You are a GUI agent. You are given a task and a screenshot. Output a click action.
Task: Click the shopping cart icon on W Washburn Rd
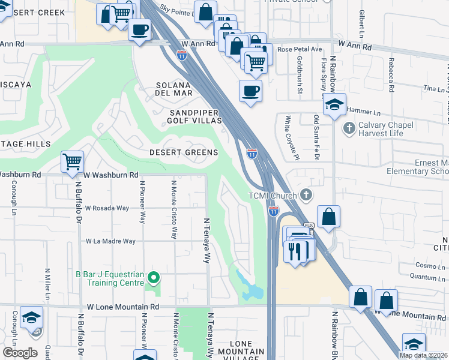coord(72,161)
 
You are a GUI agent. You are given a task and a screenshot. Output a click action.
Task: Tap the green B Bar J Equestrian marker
coord(154,277)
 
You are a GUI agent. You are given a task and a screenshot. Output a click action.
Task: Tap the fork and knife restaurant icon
coord(294,251)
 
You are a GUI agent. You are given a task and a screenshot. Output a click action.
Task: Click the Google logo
coord(20,353)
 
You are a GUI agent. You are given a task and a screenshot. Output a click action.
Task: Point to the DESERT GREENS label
coord(184,152)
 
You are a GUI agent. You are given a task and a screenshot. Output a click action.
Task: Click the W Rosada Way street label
coord(107,208)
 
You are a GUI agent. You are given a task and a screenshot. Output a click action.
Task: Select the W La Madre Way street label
coord(111,241)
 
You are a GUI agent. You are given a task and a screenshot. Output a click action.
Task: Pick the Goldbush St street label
coord(299,76)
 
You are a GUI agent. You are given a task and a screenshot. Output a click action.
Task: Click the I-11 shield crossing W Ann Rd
coord(181,55)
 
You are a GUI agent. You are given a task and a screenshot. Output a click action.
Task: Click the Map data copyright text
coord(423,355)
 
